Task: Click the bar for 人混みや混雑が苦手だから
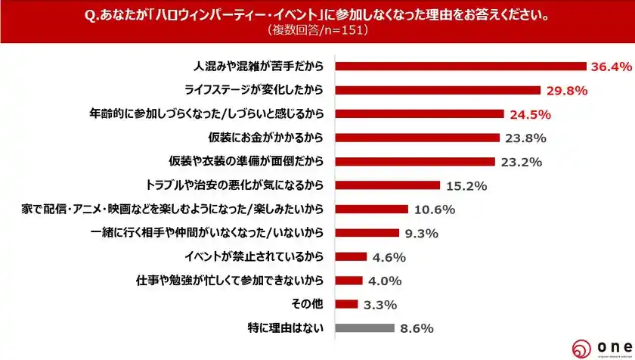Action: point(460,67)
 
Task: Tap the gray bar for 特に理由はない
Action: point(364,327)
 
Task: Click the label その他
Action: point(309,304)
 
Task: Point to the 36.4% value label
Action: point(611,67)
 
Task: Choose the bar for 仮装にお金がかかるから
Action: point(417,138)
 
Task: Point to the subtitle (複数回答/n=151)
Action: point(317,31)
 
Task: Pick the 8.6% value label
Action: point(416,328)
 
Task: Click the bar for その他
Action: point(346,304)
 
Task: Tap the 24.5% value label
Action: point(528,114)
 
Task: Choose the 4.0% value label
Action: point(384,281)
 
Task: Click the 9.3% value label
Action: point(421,233)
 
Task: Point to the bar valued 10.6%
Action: point(371,209)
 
